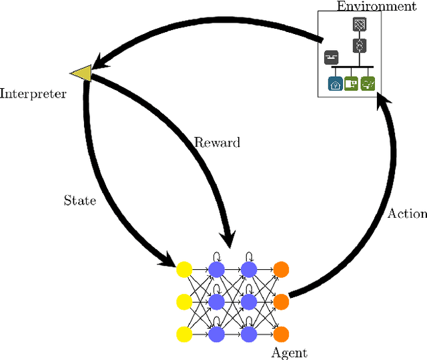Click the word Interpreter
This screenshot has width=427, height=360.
click(x=33, y=94)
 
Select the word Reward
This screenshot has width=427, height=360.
click(x=217, y=142)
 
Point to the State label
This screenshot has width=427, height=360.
click(x=79, y=200)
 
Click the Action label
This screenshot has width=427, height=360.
click(x=407, y=213)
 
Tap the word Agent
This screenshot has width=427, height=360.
click(x=290, y=353)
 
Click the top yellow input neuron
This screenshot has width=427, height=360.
click(x=183, y=269)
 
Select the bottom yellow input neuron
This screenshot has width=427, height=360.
click(x=183, y=333)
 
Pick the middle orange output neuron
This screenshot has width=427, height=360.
click(x=281, y=301)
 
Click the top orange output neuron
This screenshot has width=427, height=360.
click(x=281, y=269)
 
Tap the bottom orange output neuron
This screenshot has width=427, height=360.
click(x=281, y=333)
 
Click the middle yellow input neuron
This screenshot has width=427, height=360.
click(x=183, y=301)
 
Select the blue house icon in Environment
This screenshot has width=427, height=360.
click(x=335, y=84)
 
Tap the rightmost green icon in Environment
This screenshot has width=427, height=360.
click(x=368, y=84)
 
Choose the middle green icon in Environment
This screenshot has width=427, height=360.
click(x=352, y=84)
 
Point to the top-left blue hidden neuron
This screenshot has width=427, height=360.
click(x=216, y=269)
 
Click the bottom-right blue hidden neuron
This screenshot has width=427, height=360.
click(x=248, y=333)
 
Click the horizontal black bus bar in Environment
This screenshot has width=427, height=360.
click(x=352, y=67)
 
